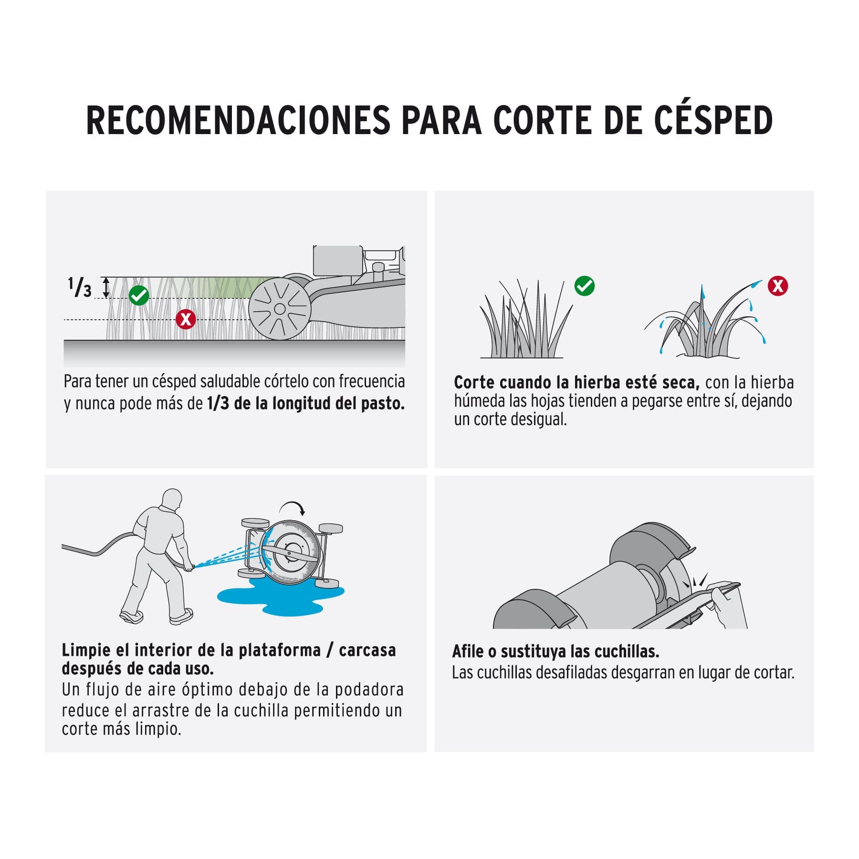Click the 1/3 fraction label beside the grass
79,287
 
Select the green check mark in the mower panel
139,295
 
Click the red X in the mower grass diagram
186,319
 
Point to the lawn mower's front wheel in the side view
280,309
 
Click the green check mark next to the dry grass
584,286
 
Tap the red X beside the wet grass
777,286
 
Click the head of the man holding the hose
172,500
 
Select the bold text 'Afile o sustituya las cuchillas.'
555,651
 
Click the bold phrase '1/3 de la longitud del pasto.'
306,404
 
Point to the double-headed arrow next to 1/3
106,288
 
